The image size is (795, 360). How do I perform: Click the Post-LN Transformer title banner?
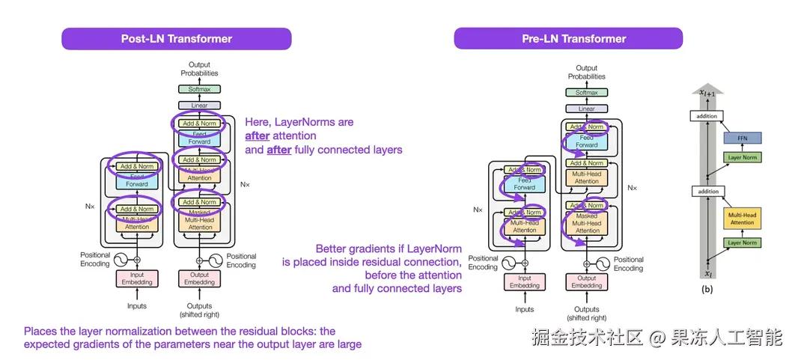click(177, 39)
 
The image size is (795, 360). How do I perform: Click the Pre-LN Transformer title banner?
click(568, 39)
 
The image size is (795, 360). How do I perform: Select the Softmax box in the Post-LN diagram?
click(199, 90)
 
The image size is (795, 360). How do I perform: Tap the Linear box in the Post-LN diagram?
click(199, 106)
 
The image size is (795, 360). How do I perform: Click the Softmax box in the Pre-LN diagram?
click(586, 93)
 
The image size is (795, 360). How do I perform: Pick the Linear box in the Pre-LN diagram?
click(586, 109)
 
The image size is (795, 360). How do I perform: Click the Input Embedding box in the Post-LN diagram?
click(137, 278)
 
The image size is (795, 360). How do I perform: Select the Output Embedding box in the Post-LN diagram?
click(199, 278)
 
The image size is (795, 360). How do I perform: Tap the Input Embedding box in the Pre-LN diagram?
click(524, 282)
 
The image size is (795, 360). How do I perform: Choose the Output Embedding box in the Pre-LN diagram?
click(586, 282)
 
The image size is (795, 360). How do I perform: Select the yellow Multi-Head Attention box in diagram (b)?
click(742, 219)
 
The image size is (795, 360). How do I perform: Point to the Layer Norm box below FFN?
click(742, 157)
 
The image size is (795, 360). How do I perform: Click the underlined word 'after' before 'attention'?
click(258, 136)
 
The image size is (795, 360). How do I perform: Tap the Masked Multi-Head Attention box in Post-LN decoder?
click(199, 218)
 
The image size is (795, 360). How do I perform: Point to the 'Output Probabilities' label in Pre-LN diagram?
click(586, 73)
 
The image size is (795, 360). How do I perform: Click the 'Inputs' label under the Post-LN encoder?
click(137, 306)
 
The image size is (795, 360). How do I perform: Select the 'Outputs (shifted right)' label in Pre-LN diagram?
click(586, 314)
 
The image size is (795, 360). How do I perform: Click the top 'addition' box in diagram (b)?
click(707, 116)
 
